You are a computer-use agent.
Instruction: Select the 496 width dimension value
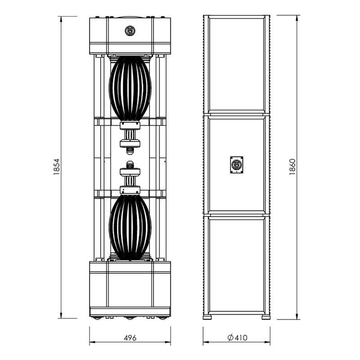tap(130, 338)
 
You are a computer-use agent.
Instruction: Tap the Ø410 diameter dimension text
tap(238, 338)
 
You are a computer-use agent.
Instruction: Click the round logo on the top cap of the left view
tap(130, 31)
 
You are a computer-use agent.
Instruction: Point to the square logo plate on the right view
tap(237, 165)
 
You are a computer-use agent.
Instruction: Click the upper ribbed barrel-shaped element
tap(130, 88)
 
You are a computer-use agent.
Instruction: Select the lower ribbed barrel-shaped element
tap(130, 227)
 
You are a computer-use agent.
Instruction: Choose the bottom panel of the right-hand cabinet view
tap(237, 264)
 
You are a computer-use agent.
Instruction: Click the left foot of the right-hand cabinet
tap(207, 317)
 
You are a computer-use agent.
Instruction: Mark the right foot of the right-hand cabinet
tap(266, 317)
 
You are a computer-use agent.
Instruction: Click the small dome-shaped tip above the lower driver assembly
tap(130, 164)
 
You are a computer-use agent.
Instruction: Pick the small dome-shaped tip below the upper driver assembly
tap(130, 149)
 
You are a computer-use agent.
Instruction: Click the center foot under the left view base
tap(130, 318)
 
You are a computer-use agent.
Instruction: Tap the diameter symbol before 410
tap(230, 338)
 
